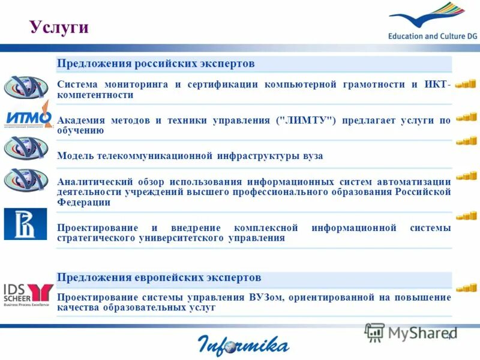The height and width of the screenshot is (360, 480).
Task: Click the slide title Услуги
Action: pyautogui.click(x=59, y=27)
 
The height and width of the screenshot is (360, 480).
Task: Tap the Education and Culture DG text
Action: pyautogui.click(x=432, y=36)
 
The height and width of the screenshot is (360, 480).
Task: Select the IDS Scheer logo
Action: pyautogui.click(x=28, y=293)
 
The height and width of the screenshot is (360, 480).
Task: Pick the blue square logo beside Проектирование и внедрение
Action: pyautogui.click(x=25, y=224)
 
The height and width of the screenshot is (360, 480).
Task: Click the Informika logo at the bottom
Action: pyautogui.click(x=243, y=345)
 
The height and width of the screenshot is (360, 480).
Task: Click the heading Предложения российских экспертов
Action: pyautogui.click(x=155, y=64)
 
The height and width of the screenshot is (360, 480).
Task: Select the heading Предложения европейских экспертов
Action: pyautogui.click(x=159, y=278)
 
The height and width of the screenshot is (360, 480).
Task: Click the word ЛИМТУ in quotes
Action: pyautogui.click(x=305, y=121)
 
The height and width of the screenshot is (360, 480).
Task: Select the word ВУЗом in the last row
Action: pyautogui.click(x=262, y=297)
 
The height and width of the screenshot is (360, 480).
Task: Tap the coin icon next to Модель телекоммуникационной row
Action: pyautogui.click(x=466, y=141)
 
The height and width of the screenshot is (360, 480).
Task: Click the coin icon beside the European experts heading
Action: pyautogui.click(x=466, y=287)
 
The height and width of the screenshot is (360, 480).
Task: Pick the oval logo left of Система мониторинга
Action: pyautogui.click(x=25, y=86)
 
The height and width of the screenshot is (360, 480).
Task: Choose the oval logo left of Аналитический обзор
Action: pyautogui.click(x=25, y=179)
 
